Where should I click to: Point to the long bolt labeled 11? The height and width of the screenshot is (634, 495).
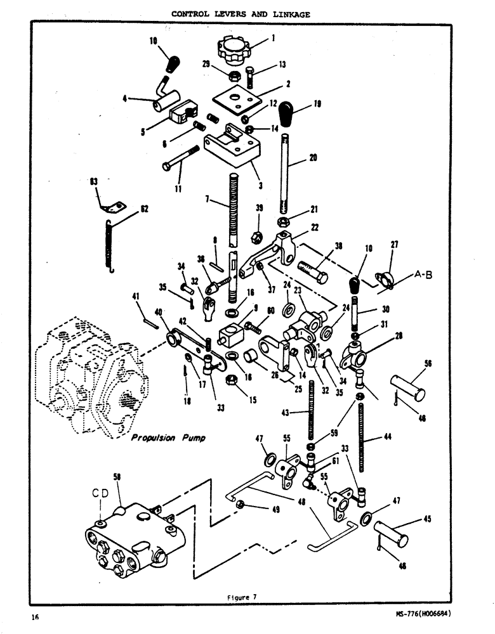(181, 158)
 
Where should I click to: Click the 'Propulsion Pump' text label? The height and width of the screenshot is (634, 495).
(168, 438)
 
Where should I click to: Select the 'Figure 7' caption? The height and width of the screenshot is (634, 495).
(241, 596)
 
